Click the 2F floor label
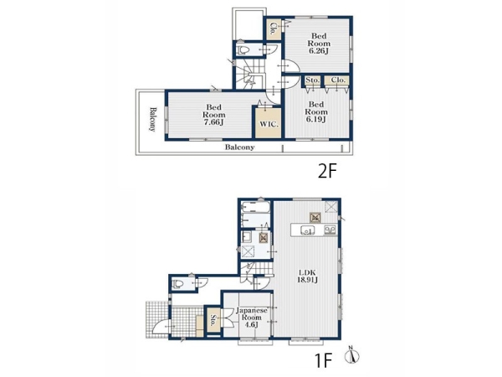(x=327, y=171)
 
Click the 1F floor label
(x=324, y=360)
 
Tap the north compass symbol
(x=352, y=355)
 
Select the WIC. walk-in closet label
(x=269, y=124)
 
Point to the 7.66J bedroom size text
(x=213, y=122)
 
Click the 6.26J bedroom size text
(x=319, y=50)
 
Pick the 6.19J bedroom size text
(x=315, y=119)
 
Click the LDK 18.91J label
(x=307, y=276)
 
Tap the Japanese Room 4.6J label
(x=251, y=318)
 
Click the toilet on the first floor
(x=177, y=284)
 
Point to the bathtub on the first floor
(x=256, y=207)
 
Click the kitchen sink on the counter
(x=307, y=230)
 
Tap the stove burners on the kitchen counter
(x=330, y=230)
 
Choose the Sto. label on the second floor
(x=312, y=80)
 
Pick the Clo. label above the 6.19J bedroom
(x=338, y=80)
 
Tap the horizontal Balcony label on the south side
(x=239, y=147)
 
